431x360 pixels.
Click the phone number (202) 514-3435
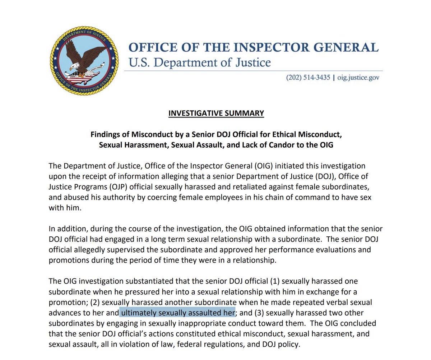[x=308, y=78]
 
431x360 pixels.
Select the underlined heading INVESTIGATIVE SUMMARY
[x=216, y=113]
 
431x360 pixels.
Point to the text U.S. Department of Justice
[x=199, y=63]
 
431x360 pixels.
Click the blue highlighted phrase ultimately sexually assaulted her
[x=177, y=313]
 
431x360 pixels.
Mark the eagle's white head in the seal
[x=74, y=66]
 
